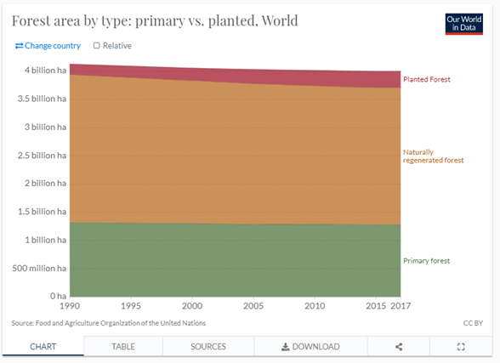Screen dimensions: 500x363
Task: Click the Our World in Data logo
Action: pos(464,24)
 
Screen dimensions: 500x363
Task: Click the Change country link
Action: pos(48,46)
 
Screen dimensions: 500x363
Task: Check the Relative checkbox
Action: pos(97,46)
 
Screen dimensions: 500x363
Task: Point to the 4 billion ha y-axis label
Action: pos(46,70)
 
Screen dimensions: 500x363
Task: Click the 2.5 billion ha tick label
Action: pos(43,156)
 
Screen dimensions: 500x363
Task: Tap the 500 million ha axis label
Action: pos(39,269)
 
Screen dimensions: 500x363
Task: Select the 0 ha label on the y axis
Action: pos(58,296)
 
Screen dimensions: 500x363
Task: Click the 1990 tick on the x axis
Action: pos(70,306)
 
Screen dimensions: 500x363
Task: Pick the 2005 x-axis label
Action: pos(253,306)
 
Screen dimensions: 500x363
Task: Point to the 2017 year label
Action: pos(401,306)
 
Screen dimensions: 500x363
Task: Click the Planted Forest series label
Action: pos(427,79)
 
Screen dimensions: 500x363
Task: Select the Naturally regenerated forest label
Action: pos(434,156)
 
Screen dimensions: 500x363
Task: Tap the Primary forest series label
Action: pos(427,261)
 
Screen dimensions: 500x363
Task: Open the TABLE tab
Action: pos(123,347)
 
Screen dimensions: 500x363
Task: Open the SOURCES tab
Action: pos(208,347)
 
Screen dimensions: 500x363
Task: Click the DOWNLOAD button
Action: pos(310,347)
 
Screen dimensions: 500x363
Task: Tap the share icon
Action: pos(399,347)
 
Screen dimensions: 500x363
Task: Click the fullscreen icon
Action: pos(461,347)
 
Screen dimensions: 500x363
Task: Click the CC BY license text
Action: pos(473,323)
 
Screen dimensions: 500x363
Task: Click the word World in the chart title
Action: pos(280,20)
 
